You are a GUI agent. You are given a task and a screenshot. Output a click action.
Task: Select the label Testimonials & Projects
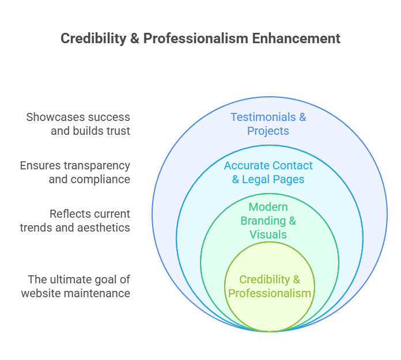click(x=268, y=124)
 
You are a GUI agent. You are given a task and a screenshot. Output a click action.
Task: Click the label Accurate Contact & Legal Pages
click(x=268, y=172)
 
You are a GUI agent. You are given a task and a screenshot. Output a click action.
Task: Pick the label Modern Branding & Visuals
click(x=268, y=221)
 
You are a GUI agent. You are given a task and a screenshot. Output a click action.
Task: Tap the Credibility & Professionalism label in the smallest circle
click(x=270, y=286)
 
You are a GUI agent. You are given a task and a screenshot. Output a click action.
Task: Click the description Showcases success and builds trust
click(x=78, y=124)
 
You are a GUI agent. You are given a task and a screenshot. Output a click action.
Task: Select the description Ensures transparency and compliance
click(x=75, y=172)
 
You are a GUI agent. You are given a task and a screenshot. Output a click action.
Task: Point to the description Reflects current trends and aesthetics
click(x=75, y=221)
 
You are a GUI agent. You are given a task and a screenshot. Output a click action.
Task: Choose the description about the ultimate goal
click(x=75, y=286)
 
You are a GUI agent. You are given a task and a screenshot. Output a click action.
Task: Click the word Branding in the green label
click(x=263, y=221)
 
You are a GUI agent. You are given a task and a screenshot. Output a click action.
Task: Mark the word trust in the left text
click(x=118, y=131)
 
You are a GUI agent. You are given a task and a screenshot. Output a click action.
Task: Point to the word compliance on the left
click(x=100, y=179)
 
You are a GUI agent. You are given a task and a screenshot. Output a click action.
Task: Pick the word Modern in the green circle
click(x=268, y=207)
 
